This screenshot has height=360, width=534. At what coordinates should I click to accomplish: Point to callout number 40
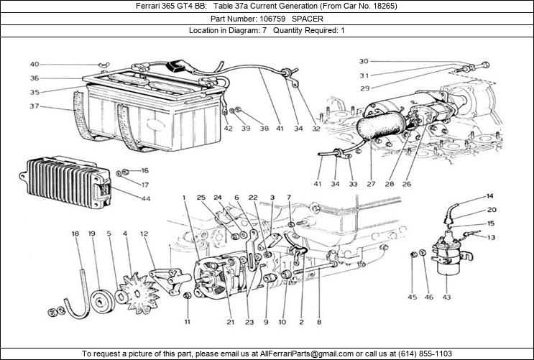pos(34,64)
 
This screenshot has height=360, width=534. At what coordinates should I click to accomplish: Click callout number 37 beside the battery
pos(34,106)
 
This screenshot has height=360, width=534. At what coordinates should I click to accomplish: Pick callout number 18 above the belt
pos(75,234)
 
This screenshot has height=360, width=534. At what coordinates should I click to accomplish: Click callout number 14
pos(489,196)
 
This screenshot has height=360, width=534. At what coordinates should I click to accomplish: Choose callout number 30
pos(364,61)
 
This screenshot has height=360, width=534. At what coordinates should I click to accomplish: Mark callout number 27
pos(371,184)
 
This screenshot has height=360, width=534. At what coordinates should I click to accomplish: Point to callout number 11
pos(188,321)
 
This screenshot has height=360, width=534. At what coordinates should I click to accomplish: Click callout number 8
pos(318,321)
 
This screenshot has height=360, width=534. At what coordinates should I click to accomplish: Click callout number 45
pos(413,297)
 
